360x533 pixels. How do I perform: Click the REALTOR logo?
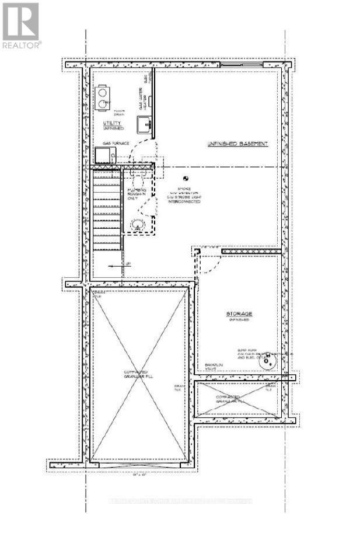[x=20, y=26]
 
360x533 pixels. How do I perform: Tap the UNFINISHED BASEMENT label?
[x=237, y=144]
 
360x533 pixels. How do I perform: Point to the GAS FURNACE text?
[x=116, y=142]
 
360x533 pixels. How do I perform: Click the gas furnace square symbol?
[x=104, y=155]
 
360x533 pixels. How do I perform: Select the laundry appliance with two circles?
[x=103, y=97]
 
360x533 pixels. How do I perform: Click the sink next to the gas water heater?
[x=144, y=124]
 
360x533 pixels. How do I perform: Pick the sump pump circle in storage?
[x=268, y=362]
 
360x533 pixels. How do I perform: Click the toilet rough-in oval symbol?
[x=137, y=224]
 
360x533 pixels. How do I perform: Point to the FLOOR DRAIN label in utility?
[x=119, y=113]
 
